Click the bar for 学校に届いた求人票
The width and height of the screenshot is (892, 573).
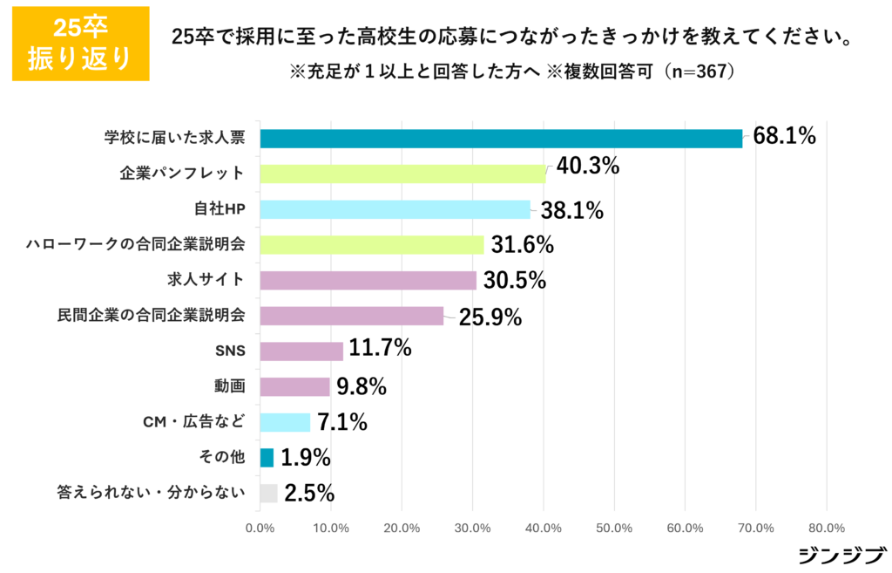click(x=501, y=139)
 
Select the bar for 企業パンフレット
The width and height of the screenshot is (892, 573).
click(x=402, y=174)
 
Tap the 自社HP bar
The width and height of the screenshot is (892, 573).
click(x=395, y=209)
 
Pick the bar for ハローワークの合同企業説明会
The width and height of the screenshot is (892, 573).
click(x=372, y=244)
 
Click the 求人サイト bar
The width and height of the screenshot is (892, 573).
click(x=368, y=280)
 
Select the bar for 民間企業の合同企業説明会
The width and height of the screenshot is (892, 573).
click(x=352, y=316)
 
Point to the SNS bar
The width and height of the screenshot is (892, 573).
click(x=301, y=351)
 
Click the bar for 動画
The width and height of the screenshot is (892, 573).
click(x=295, y=386)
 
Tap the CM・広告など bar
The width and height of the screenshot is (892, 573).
click(x=286, y=422)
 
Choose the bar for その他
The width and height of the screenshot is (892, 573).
click(x=267, y=458)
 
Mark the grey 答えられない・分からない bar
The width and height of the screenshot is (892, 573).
click(x=269, y=493)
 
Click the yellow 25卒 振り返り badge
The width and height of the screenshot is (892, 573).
click(x=80, y=44)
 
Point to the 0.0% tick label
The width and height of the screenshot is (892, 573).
click(x=260, y=528)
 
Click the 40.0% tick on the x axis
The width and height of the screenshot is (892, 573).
click(x=544, y=528)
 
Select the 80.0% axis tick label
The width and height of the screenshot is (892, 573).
click(x=827, y=528)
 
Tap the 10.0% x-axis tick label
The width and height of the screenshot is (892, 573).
click(x=330, y=528)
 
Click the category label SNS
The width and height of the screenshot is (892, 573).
click(x=230, y=351)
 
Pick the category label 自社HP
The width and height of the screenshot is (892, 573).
click(x=220, y=209)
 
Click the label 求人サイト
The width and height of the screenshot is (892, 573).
click(x=206, y=280)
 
